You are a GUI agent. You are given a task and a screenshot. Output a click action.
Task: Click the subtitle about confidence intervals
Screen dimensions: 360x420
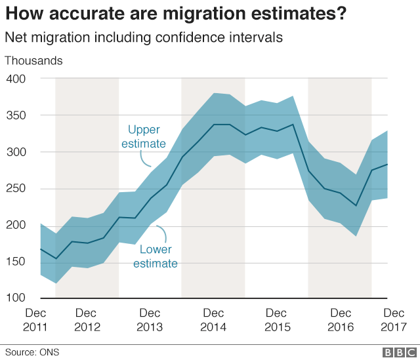tap(144, 38)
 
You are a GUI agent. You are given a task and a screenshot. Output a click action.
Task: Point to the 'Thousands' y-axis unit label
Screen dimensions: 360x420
tap(33, 61)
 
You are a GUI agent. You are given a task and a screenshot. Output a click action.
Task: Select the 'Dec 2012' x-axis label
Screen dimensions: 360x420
tap(87, 319)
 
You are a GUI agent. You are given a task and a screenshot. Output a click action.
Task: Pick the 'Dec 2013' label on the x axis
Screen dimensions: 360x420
tap(150, 319)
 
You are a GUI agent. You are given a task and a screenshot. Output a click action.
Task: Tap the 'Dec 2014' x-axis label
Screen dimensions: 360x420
tap(213, 319)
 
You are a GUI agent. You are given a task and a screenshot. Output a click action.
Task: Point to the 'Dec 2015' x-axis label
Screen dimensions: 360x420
tap(276, 319)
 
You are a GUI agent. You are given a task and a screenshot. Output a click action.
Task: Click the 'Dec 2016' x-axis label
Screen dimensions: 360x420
tap(340, 319)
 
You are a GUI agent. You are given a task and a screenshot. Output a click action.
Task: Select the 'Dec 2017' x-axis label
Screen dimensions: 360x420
tap(394, 319)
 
